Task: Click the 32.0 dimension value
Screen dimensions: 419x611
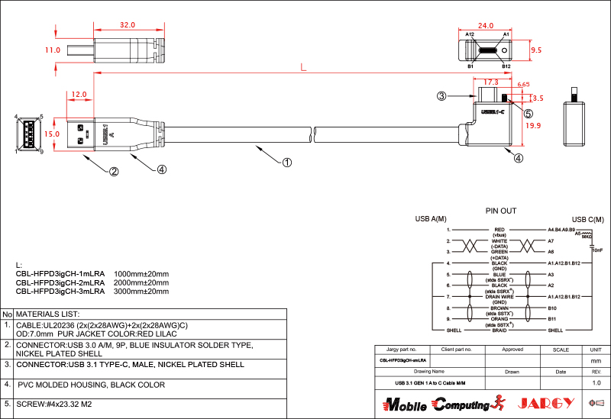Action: click(128, 25)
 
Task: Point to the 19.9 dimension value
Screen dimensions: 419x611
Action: click(533, 126)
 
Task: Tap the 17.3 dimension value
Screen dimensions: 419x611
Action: click(491, 81)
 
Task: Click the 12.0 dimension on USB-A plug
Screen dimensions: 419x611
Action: click(79, 95)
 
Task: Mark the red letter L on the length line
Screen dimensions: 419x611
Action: click(303, 68)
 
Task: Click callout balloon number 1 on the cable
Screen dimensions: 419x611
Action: click(287, 162)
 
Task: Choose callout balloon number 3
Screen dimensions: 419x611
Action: click(441, 96)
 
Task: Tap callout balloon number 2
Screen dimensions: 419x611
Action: click(114, 171)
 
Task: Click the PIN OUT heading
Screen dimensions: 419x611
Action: click(501, 211)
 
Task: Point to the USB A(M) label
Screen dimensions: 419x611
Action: click(431, 220)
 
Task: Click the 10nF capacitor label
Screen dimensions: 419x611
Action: click(596, 250)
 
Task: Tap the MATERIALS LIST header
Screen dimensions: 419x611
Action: click(48, 314)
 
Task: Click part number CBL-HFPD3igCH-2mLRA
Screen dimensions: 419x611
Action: click(60, 282)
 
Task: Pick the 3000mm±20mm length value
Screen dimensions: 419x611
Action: click(141, 291)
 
